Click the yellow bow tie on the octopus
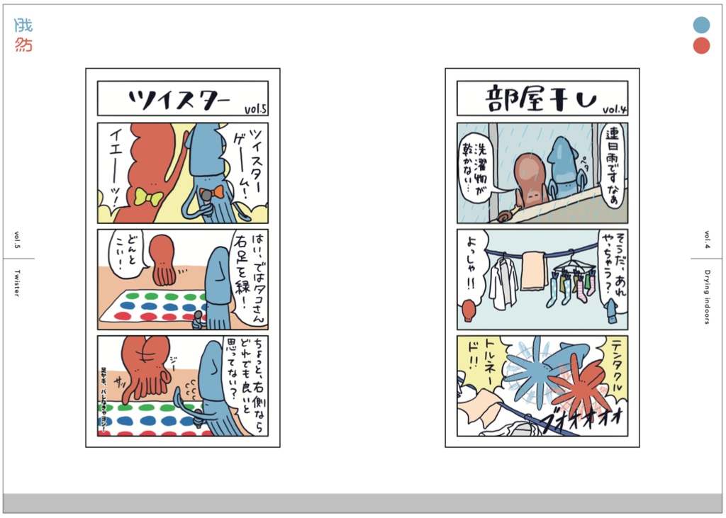tap(149, 197)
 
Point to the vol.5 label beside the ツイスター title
tap(255, 109)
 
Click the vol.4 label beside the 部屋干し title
tap(615, 109)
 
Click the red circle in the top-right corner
tap(701, 47)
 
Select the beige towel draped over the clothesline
tap(534, 271)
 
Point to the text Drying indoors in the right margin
tap(707, 296)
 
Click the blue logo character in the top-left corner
tap(23, 26)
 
